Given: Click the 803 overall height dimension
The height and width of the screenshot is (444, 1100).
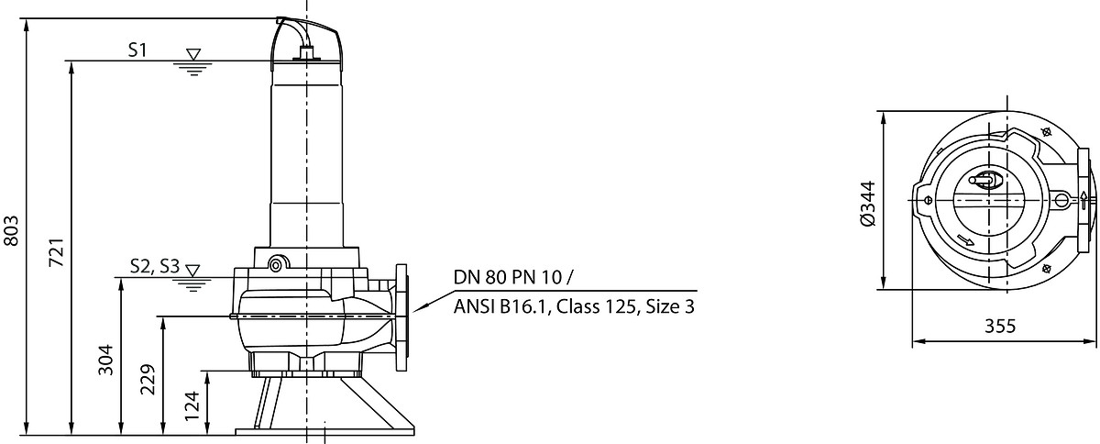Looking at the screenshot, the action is coord(11,230).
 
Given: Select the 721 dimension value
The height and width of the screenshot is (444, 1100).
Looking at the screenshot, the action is coord(57,252).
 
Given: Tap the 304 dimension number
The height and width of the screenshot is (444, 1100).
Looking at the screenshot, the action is coord(105,360).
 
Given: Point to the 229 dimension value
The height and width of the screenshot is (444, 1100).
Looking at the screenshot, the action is coord(148,379).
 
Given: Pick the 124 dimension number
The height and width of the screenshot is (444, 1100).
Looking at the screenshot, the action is coord(192,405).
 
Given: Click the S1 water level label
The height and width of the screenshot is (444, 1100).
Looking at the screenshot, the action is coord(137,50).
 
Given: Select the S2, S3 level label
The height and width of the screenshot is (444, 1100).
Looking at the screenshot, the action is coord(155,266).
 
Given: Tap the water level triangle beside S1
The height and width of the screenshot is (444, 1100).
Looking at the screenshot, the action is coord(193,54).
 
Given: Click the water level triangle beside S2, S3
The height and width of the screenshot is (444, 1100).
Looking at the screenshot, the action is coord(193,271).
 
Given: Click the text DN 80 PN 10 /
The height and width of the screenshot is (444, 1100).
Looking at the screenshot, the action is coord(512,277).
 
